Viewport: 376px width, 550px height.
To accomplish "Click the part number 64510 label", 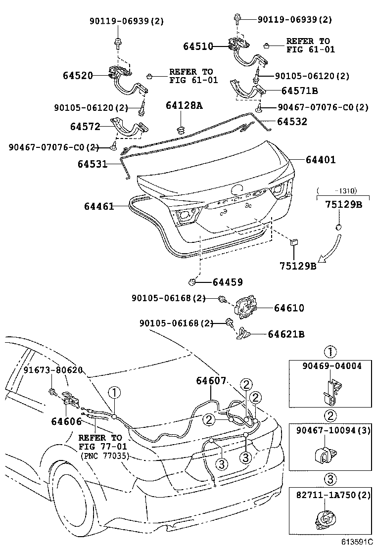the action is pos(198,46).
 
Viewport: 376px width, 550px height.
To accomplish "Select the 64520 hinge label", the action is pos(78,75).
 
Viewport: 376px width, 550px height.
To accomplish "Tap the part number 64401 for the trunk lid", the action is pos(321,160).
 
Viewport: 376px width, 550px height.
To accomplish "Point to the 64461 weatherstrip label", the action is pos(99,206).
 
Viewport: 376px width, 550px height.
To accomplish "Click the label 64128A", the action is pos(184,105).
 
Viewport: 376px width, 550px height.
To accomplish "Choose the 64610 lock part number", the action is pos(289,308).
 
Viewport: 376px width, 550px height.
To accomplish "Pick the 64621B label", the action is pos(286,334).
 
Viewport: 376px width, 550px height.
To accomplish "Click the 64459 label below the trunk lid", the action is pos(228,282).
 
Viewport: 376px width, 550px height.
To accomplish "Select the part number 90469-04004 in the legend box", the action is pos(332,366).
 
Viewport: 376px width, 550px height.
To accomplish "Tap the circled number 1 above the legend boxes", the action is pos(330,352).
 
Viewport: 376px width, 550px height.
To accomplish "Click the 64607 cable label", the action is pos(211,380).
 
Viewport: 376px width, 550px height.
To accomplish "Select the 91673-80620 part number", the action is pos(53,370).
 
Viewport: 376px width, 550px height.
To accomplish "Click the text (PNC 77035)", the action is pos(104,456).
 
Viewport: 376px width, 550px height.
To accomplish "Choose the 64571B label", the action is pos(299,91).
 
